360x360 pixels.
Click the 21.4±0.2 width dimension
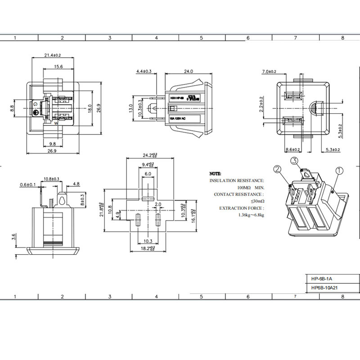click(53, 55)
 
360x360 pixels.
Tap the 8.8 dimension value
click(13, 108)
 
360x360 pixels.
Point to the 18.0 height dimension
click(90, 108)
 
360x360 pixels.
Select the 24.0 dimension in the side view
click(188, 71)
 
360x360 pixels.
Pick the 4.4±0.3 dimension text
click(144, 71)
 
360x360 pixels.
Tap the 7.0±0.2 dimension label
click(269, 72)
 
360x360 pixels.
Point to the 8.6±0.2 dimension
click(293, 149)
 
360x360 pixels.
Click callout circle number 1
click(339, 171)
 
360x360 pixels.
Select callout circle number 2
click(277, 170)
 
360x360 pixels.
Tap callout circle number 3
click(294, 161)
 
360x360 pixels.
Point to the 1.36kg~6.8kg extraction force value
click(251, 215)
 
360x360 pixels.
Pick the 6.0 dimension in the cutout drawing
click(148, 174)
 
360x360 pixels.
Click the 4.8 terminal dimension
click(76, 184)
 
